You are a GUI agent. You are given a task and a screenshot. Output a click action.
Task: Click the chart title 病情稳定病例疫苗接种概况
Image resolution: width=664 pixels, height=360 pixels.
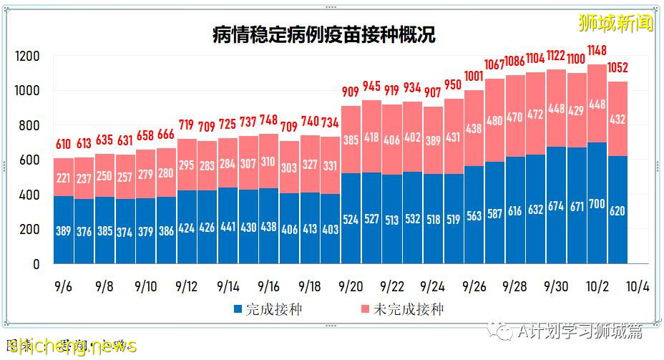click(324, 35)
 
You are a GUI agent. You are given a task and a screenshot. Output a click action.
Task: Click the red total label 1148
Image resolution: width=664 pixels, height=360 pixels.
click(597, 51)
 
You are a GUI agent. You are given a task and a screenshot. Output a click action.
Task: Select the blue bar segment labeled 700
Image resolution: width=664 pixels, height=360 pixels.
click(597, 203)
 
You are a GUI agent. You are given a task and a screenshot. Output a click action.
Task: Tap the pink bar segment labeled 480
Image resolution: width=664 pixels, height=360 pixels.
click(494, 120)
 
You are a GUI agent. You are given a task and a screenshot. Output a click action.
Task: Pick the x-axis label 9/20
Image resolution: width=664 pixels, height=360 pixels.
click(351, 286)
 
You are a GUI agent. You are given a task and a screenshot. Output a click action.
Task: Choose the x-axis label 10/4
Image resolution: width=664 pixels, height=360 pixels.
click(638, 286)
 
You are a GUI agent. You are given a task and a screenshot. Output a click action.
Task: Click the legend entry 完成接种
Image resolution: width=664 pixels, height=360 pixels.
click(269, 310)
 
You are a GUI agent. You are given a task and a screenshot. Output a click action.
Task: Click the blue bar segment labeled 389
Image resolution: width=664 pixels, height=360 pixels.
click(64, 230)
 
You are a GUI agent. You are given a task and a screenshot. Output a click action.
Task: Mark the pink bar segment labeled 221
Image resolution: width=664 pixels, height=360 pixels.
click(64, 177)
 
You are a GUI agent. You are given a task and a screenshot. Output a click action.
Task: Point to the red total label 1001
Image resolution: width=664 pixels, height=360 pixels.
click(474, 77)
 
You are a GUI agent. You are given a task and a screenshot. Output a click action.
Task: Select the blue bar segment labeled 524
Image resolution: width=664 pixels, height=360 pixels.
click(351, 219)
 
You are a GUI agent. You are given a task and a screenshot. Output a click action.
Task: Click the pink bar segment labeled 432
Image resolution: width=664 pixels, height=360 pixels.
click(617, 119)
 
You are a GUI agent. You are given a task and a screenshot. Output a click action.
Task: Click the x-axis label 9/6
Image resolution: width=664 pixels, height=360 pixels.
click(64, 286)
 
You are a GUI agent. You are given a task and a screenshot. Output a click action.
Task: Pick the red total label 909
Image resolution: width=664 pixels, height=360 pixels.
click(351, 92)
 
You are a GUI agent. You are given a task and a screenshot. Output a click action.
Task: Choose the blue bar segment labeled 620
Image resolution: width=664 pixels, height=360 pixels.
click(617, 210)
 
